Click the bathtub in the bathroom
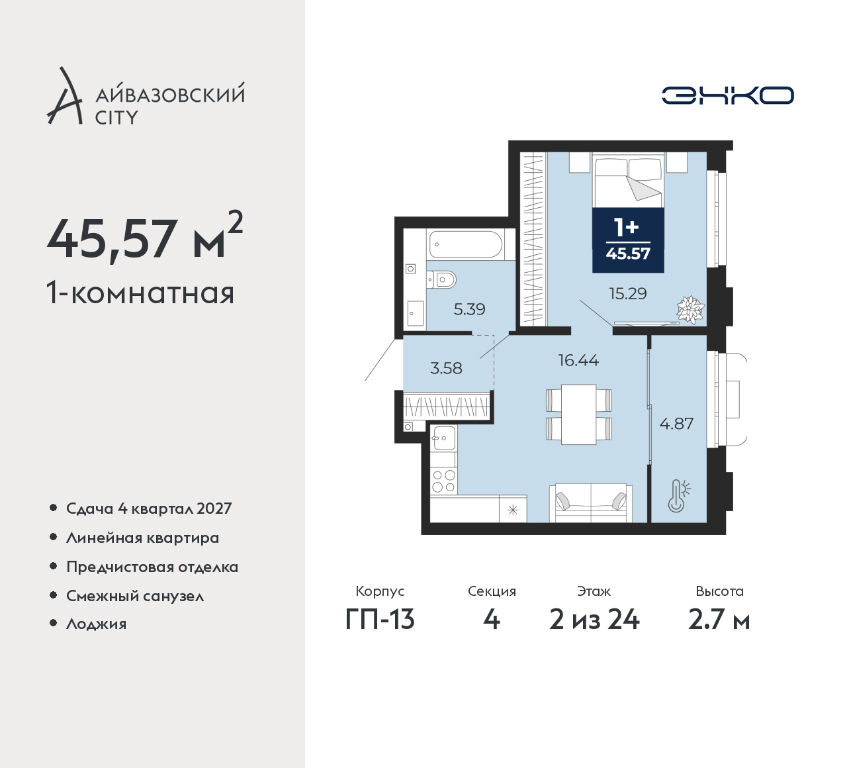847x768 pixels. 466,244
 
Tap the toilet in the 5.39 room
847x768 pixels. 441,279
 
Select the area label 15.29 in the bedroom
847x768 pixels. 628,293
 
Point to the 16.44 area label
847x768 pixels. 578,360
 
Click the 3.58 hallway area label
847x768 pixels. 446,368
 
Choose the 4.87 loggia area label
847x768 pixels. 676,423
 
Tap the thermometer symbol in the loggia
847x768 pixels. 678,496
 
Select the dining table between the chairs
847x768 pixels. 578,414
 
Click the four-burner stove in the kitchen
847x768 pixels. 443,481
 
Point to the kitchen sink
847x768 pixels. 443,438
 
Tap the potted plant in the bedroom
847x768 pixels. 690,311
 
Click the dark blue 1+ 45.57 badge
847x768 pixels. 628,240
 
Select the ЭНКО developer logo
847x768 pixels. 728,95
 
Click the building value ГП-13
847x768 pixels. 380,620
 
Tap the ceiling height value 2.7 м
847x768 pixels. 719,620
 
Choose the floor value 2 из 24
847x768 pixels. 594,620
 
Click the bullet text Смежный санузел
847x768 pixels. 135,596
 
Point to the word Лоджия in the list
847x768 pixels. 96,624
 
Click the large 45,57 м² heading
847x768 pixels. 145,236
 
